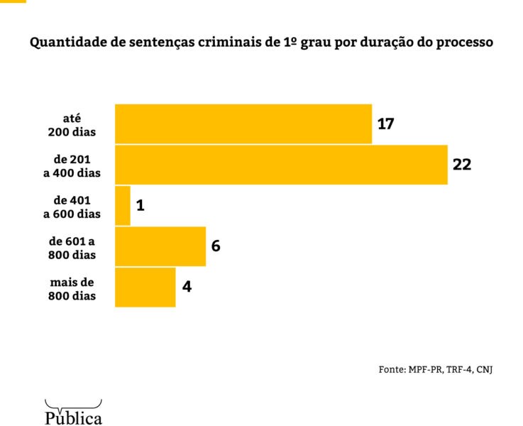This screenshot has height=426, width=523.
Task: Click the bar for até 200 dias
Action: pyautogui.click(x=243, y=124)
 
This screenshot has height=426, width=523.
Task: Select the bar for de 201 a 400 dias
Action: pyautogui.click(x=281, y=165)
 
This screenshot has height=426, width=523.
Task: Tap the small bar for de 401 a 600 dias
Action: pyautogui.click(x=123, y=206)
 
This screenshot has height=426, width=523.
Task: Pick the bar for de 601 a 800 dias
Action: pyautogui.click(x=160, y=246)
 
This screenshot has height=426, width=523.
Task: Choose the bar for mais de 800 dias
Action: pyautogui.click(x=145, y=287)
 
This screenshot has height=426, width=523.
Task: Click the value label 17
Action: pyautogui.click(x=385, y=124)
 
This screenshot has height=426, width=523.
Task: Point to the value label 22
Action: pyautogui.click(x=462, y=165)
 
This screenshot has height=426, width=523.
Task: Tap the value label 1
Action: pyautogui.click(x=140, y=206)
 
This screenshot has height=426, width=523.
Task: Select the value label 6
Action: pyautogui.click(x=216, y=246)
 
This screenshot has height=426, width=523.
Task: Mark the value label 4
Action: pyautogui.click(x=186, y=287)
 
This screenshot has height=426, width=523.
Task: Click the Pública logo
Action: pyautogui.click(x=73, y=413)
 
